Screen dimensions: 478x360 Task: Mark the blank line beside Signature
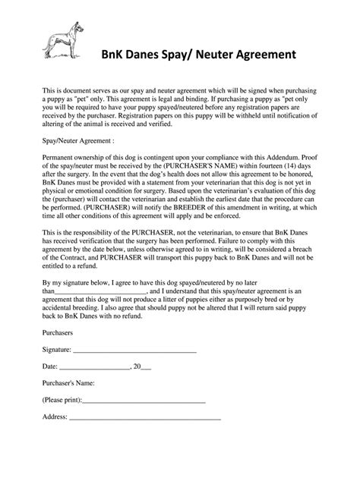(x=135, y=351)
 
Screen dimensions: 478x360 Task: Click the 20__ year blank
(x=142, y=366)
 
